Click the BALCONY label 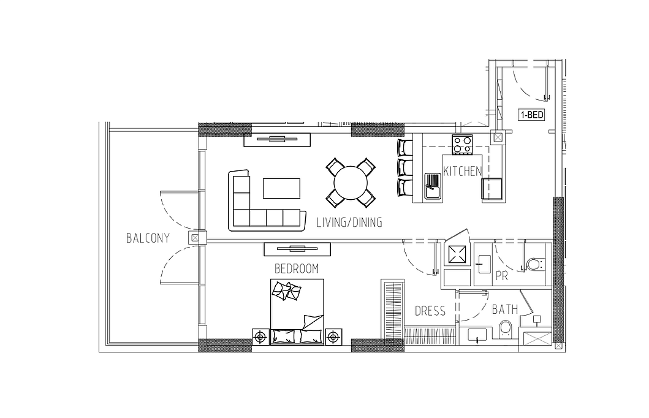[x=148, y=238]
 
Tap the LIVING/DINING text [x=349, y=222]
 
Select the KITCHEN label [x=462, y=171]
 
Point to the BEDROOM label [x=297, y=269]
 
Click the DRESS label [x=430, y=311]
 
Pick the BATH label [x=505, y=309]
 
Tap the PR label [x=502, y=276]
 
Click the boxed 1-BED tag [x=531, y=115]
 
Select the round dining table [x=351, y=183]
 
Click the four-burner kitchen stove [x=462, y=145]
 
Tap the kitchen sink [x=433, y=186]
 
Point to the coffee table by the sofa [x=281, y=188]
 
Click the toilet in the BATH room [x=506, y=329]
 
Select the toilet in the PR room [x=535, y=264]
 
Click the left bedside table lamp [x=260, y=337]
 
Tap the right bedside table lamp [x=333, y=337]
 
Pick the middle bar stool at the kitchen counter [x=405, y=167]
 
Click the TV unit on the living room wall [x=277, y=140]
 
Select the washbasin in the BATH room [x=480, y=335]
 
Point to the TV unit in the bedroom [x=297, y=249]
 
